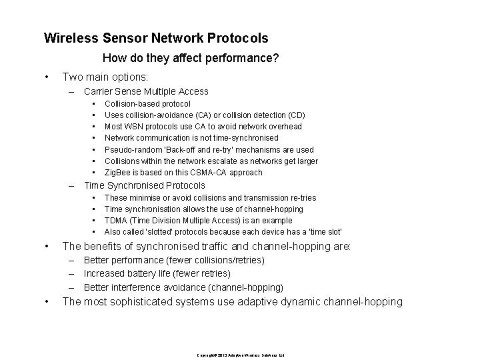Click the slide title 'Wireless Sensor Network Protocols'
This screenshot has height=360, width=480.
pos(156,39)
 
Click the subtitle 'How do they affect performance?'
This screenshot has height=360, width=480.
pos(191,59)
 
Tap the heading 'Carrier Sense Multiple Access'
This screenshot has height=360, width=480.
pos(146,91)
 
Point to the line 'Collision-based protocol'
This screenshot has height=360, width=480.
pos(147,104)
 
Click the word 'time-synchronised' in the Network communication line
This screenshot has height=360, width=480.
pos(239,138)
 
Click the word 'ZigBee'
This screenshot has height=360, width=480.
pos(117,172)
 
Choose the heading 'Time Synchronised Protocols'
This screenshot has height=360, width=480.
pos(144,185)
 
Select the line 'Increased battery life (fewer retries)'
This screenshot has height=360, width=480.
pos(157,273)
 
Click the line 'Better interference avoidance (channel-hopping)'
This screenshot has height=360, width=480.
pos(183,287)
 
